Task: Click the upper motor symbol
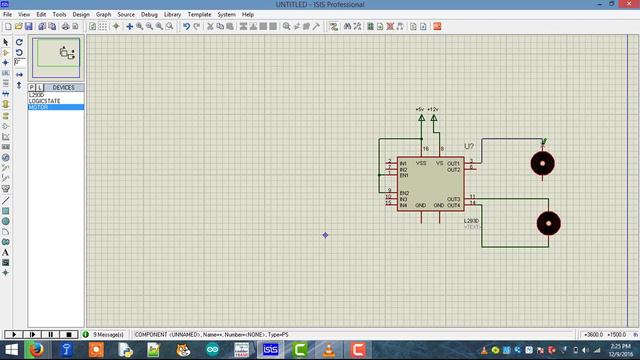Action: [542, 162]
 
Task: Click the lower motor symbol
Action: [548, 223]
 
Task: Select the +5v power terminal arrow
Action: [421, 118]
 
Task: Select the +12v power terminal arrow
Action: [434, 118]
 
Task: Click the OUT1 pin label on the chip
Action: [453, 163]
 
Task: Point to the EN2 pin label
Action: [405, 193]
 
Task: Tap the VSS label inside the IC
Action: [422, 163]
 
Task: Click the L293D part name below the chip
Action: [471, 220]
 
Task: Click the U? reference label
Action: [469, 147]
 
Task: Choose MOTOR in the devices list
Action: [39, 107]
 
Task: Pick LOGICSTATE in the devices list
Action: [45, 101]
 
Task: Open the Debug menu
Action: [149, 15]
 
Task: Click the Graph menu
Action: [103, 15]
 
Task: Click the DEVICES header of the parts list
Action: [63, 87]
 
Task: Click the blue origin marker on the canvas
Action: [326, 235]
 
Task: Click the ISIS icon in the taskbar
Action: [271, 349]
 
